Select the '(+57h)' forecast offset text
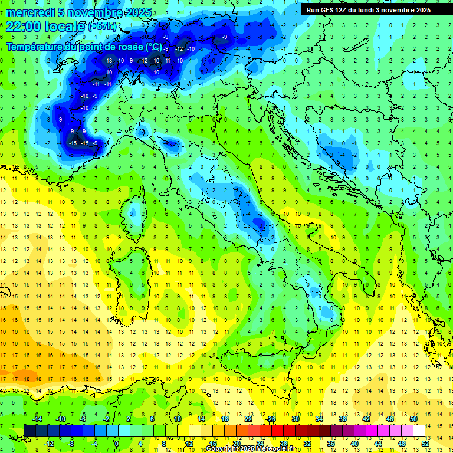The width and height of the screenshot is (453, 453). pyautogui.click(x=102, y=27)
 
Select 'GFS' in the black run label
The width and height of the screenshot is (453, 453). pyautogui.click(x=326, y=10)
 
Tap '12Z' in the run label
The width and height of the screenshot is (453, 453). pyautogui.click(x=342, y=10)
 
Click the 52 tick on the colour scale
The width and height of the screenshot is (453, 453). pyautogui.click(x=425, y=443)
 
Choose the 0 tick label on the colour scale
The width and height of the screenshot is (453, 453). pyautogui.click(x=117, y=443)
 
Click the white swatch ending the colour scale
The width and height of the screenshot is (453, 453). pyautogui.click(x=419, y=431)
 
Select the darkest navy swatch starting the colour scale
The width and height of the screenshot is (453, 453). pyautogui.click(x=29, y=431)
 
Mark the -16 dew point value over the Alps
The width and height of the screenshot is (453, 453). pyautogui.click(x=155, y=61)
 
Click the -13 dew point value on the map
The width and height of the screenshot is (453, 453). pyautogui.click(x=108, y=61)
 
